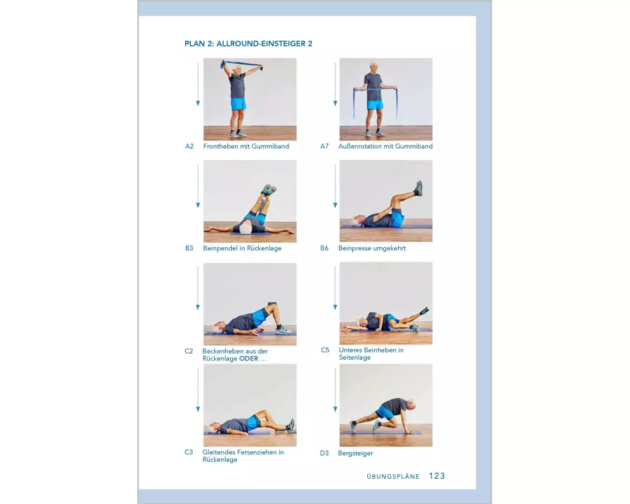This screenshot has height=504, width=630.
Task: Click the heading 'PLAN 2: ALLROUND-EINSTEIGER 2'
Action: [248, 43]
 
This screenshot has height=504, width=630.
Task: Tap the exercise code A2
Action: [189, 146]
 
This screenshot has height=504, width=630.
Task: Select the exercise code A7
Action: [324, 146]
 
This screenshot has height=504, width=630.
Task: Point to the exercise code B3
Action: [189, 248]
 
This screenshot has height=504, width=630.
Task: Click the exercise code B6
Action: [324, 248]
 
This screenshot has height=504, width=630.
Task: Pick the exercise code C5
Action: [325, 350]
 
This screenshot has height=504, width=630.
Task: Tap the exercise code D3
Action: [324, 453]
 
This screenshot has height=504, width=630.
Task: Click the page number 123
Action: [437, 476]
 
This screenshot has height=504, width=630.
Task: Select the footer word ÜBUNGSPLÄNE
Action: [393, 476]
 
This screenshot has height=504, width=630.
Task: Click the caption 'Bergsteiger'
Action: [355, 454]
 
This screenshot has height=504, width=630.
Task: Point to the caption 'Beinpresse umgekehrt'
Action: [372, 248]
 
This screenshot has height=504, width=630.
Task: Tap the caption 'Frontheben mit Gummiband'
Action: [246, 146]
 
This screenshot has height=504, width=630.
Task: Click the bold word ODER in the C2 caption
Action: [249, 358]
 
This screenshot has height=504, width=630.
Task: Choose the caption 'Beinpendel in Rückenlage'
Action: [243, 248]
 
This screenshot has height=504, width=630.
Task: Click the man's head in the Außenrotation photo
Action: [374, 67]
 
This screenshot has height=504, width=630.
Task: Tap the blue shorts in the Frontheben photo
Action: [238, 104]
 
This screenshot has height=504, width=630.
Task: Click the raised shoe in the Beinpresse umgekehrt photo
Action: [419, 187]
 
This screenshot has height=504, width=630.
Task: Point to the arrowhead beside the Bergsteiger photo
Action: [336, 409]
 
